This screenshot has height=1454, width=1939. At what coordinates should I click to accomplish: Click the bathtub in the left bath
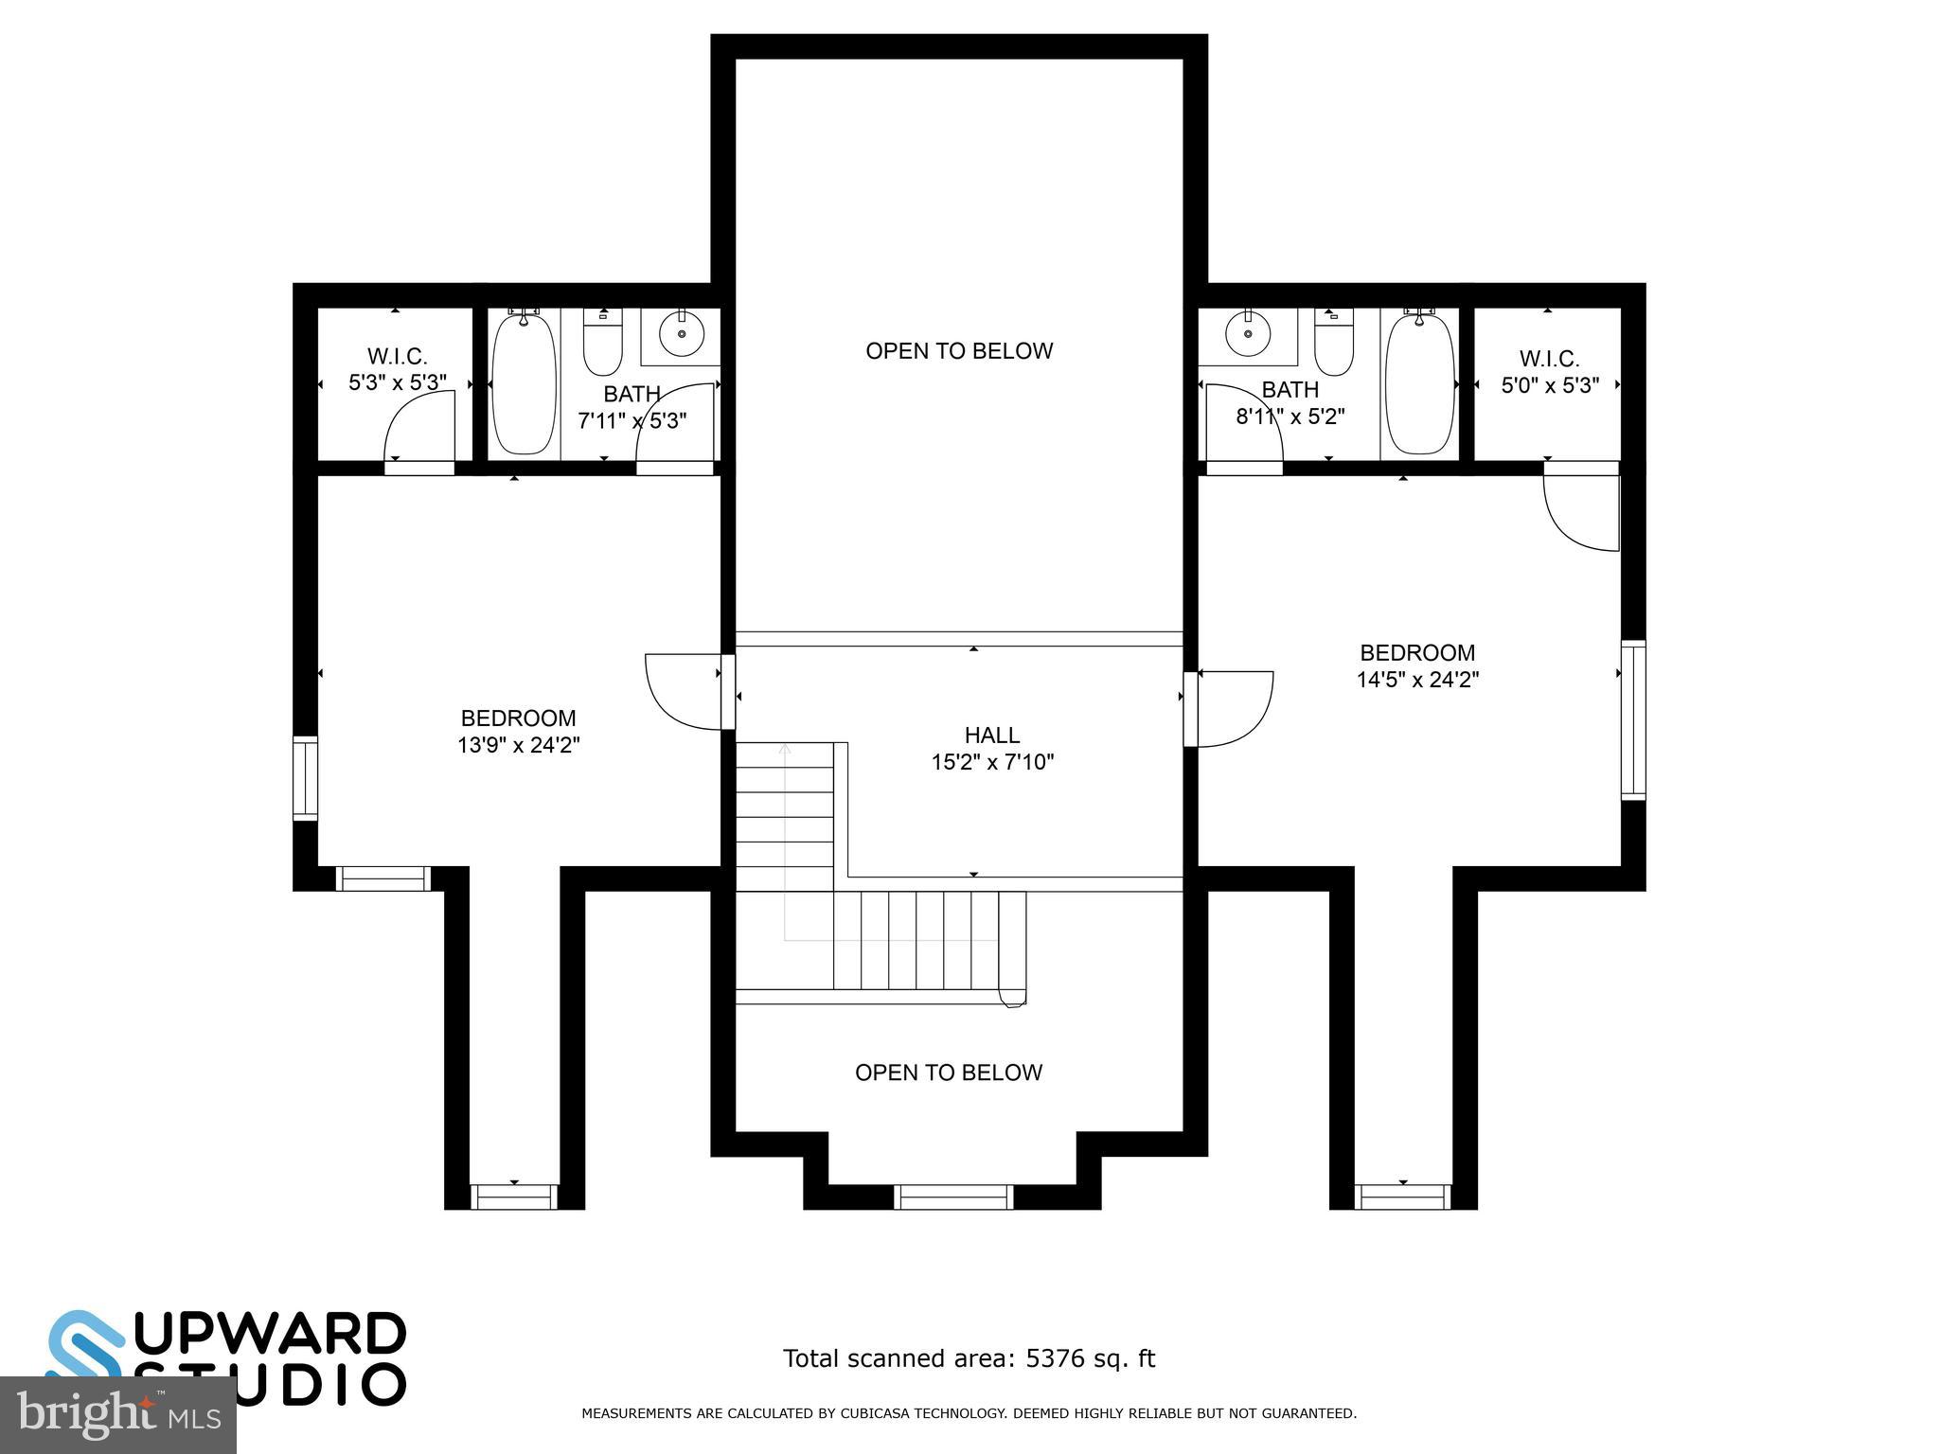point(524,383)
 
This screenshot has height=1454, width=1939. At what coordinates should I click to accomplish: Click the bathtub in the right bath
point(1419,383)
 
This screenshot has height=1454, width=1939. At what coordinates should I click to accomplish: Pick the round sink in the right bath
point(1248,333)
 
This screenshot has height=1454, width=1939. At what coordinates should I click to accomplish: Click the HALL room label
point(991,735)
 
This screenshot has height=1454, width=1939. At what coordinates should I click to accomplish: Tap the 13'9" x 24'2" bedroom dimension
point(518,745)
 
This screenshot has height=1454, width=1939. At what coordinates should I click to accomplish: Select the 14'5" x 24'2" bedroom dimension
point(1417,679)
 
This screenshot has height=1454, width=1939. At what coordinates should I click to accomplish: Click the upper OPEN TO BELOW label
point(958,351)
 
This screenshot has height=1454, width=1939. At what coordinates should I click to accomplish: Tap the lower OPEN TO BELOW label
point(948,1073)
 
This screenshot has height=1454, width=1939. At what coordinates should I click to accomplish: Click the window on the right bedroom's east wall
point(1633,719)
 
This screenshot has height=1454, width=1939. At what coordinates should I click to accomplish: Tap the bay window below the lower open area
point(953,1197)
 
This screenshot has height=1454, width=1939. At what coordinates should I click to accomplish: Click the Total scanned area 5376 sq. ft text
point(969,1359)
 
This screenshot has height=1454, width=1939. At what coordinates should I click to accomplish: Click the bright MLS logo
point(117,1414)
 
